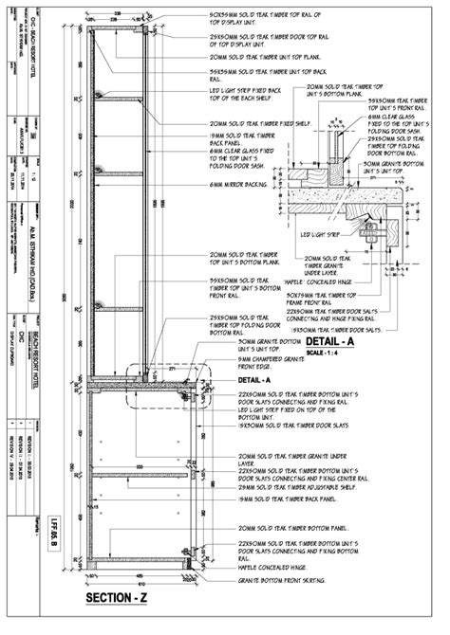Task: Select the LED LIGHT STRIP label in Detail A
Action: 321,234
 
